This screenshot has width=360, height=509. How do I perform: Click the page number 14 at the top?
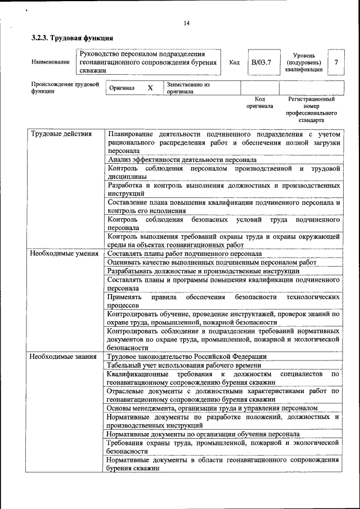click(186, 23)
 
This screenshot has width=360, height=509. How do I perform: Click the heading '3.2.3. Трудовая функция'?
click(72, 38)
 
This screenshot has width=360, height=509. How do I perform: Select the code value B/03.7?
click(261, 62)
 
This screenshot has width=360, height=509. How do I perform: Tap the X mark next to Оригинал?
click(150, 88)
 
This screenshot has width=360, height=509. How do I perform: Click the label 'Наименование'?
click(51, 63)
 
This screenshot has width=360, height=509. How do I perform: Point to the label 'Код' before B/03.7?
click(235, 63)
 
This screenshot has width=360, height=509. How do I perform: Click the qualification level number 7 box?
click(336, 62)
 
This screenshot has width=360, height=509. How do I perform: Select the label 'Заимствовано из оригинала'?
click(188, 88)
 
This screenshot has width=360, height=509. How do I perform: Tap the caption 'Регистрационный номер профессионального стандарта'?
click(311, 110)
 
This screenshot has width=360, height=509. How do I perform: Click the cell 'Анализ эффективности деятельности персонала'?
click(182, 160)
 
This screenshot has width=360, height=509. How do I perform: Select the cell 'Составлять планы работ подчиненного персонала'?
click(184, 254)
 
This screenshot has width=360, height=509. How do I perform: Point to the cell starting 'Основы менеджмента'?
click(213, 408)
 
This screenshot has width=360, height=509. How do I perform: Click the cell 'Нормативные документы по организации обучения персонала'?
click(203, 434)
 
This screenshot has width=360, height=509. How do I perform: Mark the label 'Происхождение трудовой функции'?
click(65, 88)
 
